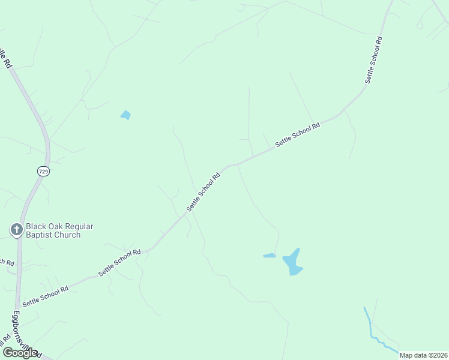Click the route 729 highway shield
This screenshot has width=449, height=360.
42,171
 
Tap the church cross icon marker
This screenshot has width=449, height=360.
16,229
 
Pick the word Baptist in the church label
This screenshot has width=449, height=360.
41,235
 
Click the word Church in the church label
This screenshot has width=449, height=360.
69,235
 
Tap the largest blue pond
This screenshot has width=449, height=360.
292,262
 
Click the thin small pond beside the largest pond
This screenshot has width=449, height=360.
269,256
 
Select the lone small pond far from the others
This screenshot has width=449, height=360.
125,115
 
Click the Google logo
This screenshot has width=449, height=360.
20,353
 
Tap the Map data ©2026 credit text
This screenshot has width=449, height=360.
424,355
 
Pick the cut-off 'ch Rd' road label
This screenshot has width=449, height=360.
7,262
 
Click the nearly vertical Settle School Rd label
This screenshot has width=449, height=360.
373,60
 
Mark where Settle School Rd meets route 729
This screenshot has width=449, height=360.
19,304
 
